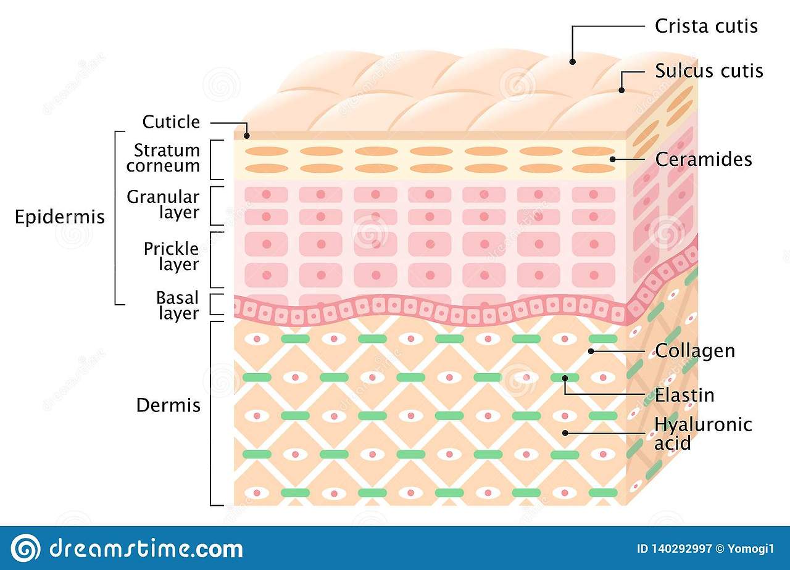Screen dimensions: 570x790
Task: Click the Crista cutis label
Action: click(x=706, y=26)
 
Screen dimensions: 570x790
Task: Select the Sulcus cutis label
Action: click(x=709, y=71)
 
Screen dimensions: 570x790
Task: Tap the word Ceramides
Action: click(x=704, y=159)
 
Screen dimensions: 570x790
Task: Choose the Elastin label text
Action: click(x=684, y=395)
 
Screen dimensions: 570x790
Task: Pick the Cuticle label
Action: click(x=171, y=122)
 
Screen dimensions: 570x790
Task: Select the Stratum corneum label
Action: click(x=167, y=158)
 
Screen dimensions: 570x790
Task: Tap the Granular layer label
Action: click(x=163, y=205)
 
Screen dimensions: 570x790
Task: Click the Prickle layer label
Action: click(x=171, y=257)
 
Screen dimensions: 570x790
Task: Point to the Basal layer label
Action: click(x=177, y=305)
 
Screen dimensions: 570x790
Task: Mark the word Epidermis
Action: click(x=60, y=218)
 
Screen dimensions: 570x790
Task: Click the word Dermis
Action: click(x=168, y=405)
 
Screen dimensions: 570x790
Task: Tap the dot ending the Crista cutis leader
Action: click(x=573, y=62)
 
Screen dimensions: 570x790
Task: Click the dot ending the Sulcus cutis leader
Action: click(x=622, y=90)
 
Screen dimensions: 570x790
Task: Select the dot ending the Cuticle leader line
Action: click(x=246, y=136)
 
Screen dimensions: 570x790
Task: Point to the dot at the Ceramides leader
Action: click(x=612, y=159)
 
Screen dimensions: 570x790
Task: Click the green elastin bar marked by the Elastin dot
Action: click(x=565, y=378)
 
